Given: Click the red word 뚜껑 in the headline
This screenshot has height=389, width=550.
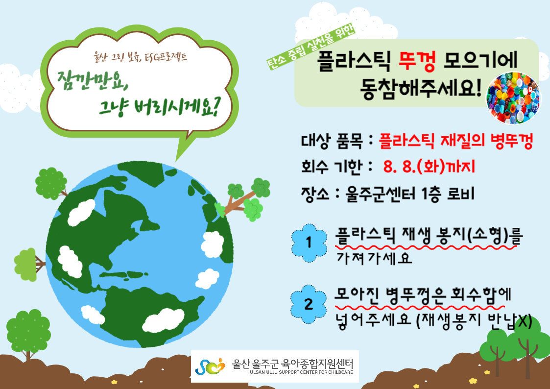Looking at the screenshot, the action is coord(417,61).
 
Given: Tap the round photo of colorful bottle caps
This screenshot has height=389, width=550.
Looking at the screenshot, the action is coord(513,98).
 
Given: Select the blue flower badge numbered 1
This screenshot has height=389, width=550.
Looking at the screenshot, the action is coord(309,243).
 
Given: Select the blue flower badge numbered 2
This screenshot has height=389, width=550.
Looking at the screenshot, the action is coord(309,304).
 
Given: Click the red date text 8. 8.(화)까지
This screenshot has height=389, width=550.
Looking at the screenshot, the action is coord(429,166).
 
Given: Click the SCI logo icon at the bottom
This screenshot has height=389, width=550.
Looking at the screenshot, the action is coord(210,366).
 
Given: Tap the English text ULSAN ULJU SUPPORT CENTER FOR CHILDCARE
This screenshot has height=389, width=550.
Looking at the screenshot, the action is coord(301,372).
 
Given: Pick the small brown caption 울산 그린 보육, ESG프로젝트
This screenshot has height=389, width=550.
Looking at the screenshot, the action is coord(140,56).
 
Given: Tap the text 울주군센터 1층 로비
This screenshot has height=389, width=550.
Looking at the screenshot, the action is coord(410,194).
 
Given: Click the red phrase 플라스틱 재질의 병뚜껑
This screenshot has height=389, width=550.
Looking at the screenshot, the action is coord(456,141).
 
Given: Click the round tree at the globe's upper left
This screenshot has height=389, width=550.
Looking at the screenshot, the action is coord(51,183).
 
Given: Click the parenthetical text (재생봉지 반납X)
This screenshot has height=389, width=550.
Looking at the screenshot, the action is coord(474,321).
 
